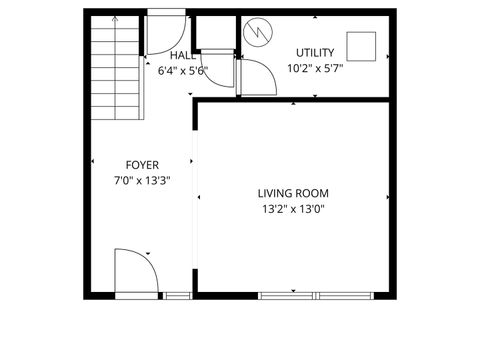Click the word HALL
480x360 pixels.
click(x=183, y=56)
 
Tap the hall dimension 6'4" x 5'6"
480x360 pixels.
click(x=183, y=71)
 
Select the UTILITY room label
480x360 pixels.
click(x=314, y=53)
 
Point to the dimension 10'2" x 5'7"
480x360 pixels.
click(x=314, y=70)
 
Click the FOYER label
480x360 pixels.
click(x=142, y=165)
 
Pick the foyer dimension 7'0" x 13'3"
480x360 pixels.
click(x=142, y=181)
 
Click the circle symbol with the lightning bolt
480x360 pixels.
click(x=257, y=33)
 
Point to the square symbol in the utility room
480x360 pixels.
click(x=361, y=45)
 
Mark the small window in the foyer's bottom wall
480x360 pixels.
click(x=178, y=294)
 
